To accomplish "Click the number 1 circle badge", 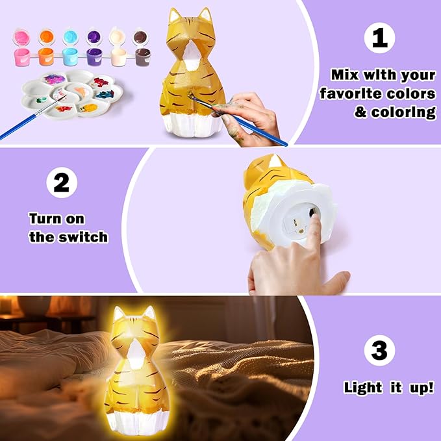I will coord(380,38).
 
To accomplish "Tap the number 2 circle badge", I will coord(61,183).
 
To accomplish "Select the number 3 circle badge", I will coord(379,351).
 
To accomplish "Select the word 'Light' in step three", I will coord(363,388).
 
